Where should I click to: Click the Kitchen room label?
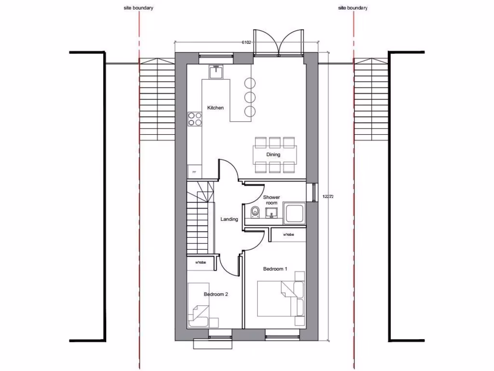[x=215, y=108]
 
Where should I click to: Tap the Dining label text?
[x=274, y=155]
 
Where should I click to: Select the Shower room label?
[x=272, y=200]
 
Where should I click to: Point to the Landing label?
[x=229, y=219]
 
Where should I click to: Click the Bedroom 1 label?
[x=275, y=269]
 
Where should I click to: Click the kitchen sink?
[x=216, y=71]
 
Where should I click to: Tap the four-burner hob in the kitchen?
[x=195, y=119]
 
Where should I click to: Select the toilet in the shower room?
[x=255, y=212]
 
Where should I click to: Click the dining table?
[x=275, y=155]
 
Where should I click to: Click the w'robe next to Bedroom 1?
[x=288, y=235]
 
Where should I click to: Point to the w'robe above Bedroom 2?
[x=201, y=263]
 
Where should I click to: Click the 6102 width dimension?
[x=247, y=43]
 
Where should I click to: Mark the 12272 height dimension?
[x=328, y=197]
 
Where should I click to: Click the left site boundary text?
[x=138, y=8]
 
